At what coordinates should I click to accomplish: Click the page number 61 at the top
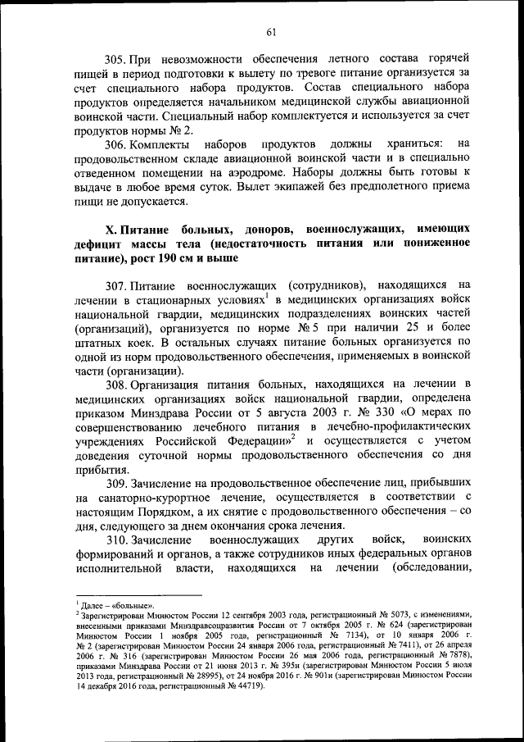271,32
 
